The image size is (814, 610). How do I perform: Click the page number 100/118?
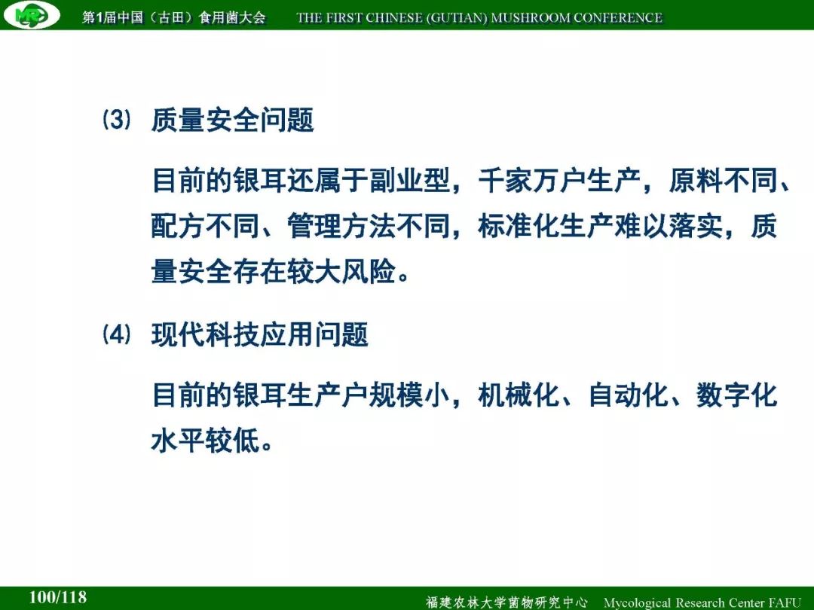[57, 597]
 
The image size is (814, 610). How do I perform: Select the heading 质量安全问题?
[233, 120]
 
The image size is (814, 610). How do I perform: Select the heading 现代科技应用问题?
[259, 334]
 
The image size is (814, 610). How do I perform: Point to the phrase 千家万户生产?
[558, 181]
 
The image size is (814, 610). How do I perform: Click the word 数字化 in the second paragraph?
[736, 395]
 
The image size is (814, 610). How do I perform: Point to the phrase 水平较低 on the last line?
[205, 441]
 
